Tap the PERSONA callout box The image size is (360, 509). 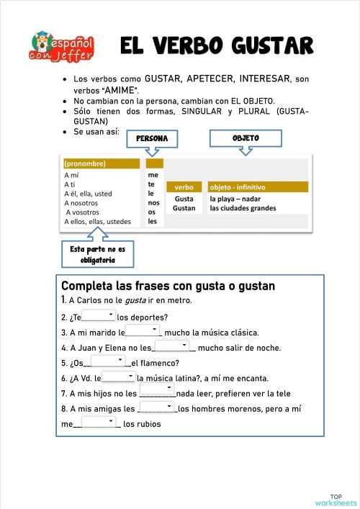point(152,138)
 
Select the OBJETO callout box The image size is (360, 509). point(246,138)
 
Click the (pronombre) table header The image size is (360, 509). point(101,163)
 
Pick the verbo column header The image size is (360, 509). point(184,187)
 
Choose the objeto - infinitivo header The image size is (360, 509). point(257,187)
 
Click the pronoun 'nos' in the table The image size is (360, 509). point(153,203)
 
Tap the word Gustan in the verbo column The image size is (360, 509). point(184,208)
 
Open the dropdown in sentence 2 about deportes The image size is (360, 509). point(99,316)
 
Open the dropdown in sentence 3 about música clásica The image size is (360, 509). point(143,331)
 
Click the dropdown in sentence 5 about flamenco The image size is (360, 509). point(109,361)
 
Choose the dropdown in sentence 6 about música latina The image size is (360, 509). point(118,377)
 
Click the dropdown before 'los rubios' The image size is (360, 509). point(99,423)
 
